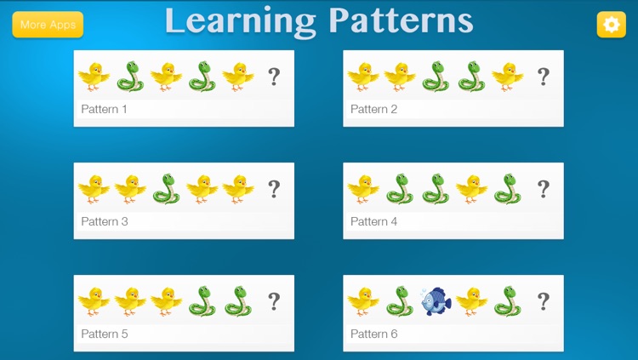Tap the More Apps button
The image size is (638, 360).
tap(48, 25)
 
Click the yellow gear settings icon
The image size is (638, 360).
tap(610, 25)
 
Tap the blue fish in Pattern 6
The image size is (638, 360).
tap(436, 301)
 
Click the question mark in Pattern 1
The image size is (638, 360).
tap(274, 77)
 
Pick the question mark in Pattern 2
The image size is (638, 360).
tap(543, 77)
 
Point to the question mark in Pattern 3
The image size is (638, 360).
tap(274, 189)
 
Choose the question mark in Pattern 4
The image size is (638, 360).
tap(543, 189)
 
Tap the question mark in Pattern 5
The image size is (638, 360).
tap(274, 301)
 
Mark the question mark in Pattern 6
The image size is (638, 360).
tap(543, 301)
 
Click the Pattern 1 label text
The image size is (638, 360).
tap(105, 109)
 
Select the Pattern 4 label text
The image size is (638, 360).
tap(374, 221)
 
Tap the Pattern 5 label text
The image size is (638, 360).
tap(105, 334)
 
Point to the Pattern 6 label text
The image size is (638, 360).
tap(374, 334)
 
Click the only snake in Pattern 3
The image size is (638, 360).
tap(166, 189)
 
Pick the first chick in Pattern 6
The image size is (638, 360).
tap(363, 301)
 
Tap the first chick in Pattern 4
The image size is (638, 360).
tap(363, 189)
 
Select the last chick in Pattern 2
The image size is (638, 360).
tap(508, 77)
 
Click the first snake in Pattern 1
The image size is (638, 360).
tap(130, 77)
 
